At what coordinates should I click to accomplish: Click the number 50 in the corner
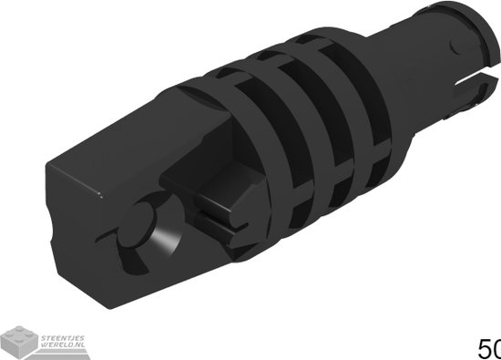(489, 348)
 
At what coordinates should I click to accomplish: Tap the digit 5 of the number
(483, 348)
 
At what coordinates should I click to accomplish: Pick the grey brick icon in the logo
(19, 340)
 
